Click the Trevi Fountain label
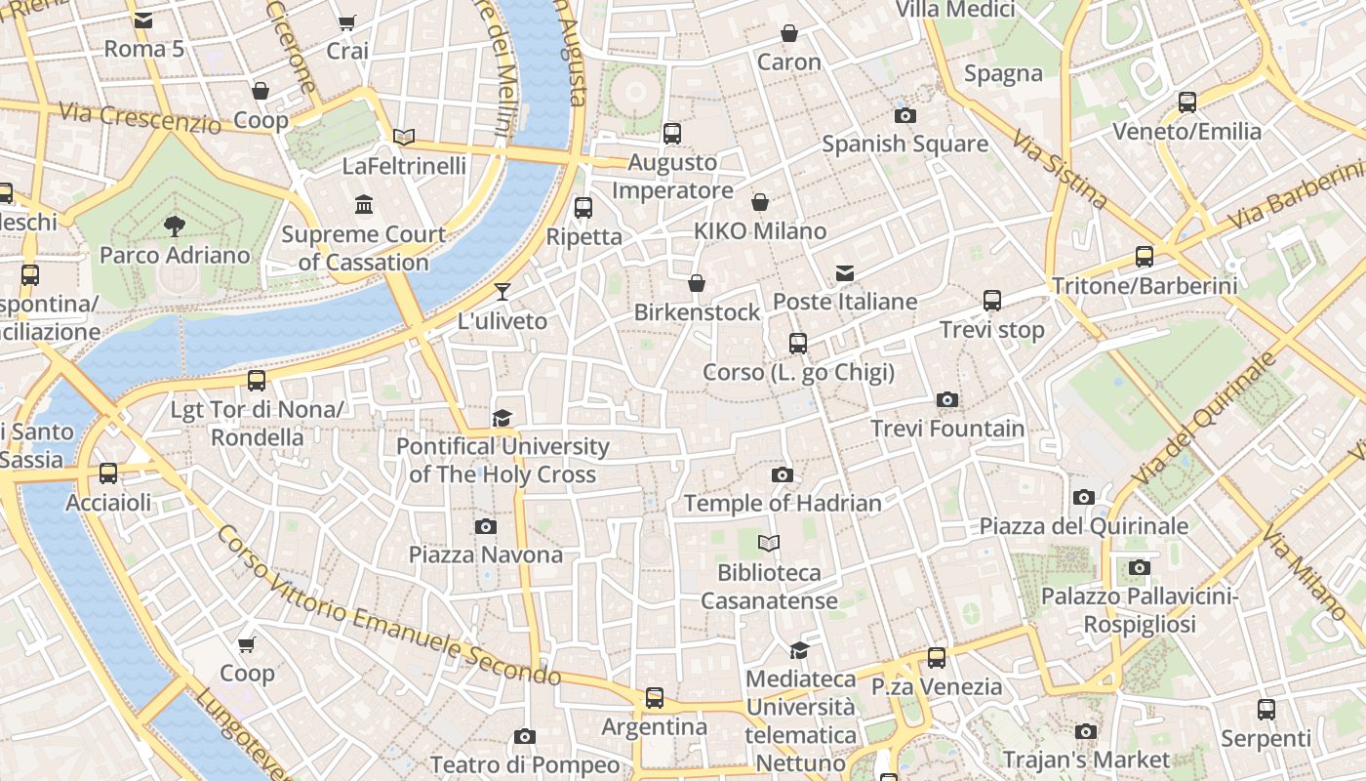click(947, 429)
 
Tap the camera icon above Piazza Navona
click(485, 527)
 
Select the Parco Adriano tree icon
click(175, 227)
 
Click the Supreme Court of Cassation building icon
click(364, 205)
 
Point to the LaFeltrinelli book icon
click(404, 138)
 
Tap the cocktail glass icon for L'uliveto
click(502, 291)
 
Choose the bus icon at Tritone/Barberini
click(1144, 257)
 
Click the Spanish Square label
click(904, 144)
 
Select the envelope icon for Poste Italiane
click(844, 273)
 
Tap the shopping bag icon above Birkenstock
click(696, 284)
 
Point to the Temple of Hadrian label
click(783, 504)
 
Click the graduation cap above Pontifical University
click(502, 418)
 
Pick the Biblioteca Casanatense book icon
click(769, 543)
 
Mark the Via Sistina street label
click(1060, 170)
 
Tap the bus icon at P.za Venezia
click(937, 657)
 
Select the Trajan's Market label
click(1086, 760)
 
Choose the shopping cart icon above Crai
click(346, 22)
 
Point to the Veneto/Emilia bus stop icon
click(1186, 102)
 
